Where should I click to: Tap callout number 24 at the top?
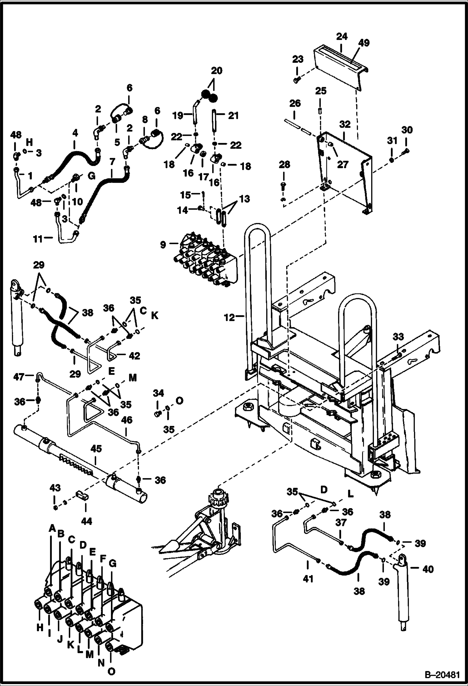pos(342,37)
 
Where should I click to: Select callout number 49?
pos(364,43)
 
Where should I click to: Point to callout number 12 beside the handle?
pos(230,317)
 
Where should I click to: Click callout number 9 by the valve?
pos(163,245)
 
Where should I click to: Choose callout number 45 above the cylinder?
pos(96,449)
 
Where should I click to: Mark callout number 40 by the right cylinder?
pos(428,569)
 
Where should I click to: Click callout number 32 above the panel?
pos(345,124)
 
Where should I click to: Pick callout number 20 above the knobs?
pos(217,71)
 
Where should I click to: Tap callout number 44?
pos(87,521)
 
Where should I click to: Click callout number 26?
pos(295,103)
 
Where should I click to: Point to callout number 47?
pos(19,377)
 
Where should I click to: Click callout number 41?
pos(308,579)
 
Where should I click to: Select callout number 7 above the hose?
pos(112,162)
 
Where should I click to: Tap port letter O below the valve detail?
pos(111,671)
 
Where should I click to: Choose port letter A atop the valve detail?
pos(52,528)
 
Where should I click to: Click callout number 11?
pos(38,239)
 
